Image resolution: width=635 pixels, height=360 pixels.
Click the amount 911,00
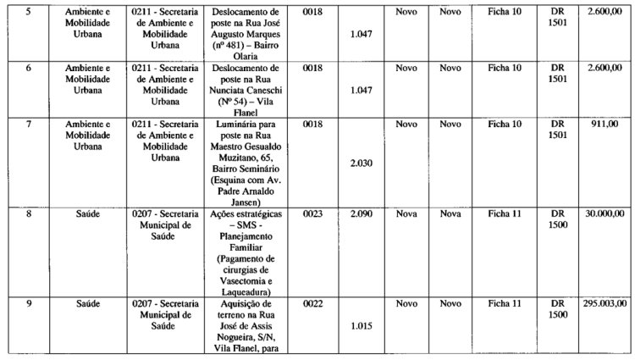point(614,124)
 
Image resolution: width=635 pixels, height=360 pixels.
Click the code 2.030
point(362,163)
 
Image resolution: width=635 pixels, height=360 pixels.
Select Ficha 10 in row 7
point(505,124)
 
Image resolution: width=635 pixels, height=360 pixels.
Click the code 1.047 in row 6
point(362,89)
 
